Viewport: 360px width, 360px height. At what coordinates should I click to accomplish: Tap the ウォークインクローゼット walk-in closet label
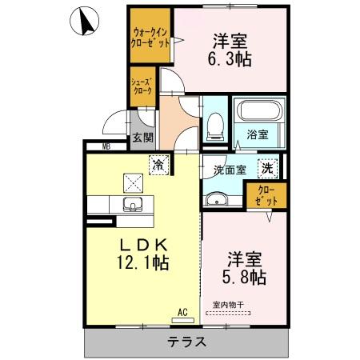[x=150, y=38]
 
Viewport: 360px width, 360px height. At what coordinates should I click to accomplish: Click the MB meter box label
[x=106, y=146]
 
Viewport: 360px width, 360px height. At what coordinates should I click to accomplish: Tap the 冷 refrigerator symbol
[x=158, y=165]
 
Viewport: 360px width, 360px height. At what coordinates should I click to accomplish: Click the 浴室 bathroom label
[x=258, y=135]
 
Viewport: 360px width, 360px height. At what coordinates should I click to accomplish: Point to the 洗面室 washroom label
[x=229, y=170]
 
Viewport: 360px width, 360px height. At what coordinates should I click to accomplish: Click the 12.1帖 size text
[x=143, y=262]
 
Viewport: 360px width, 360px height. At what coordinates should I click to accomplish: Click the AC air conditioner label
[x=182, y=313]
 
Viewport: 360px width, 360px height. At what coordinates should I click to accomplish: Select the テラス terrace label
[x=186, y=342]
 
